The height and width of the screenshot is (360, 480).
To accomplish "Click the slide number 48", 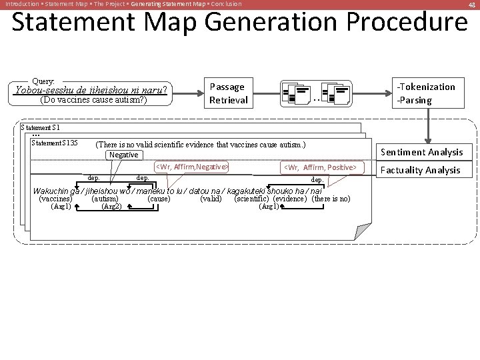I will (x=471, y=4).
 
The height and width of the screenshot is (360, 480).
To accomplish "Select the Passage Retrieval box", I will (x=228, y=93).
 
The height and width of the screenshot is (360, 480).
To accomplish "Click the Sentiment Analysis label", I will (x=421, y=152).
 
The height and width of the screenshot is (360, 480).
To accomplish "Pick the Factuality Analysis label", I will (x=420, y=170).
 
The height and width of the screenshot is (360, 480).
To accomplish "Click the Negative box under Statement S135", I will (x=124, y=155).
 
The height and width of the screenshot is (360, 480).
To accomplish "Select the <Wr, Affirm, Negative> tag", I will (x=192, y=167).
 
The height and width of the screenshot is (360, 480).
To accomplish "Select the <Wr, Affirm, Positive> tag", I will (x=321, y=167).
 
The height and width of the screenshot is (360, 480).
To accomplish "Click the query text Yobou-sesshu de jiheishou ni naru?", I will (x=91, y=90).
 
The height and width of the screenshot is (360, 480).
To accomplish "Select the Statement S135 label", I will (x=55, y=143).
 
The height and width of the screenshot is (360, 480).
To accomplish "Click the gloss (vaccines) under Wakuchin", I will (x=56, y=199).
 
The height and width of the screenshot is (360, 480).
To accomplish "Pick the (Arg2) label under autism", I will (x=111, y=206).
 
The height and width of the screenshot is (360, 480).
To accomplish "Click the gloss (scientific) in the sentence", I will (x=252, y=199).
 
